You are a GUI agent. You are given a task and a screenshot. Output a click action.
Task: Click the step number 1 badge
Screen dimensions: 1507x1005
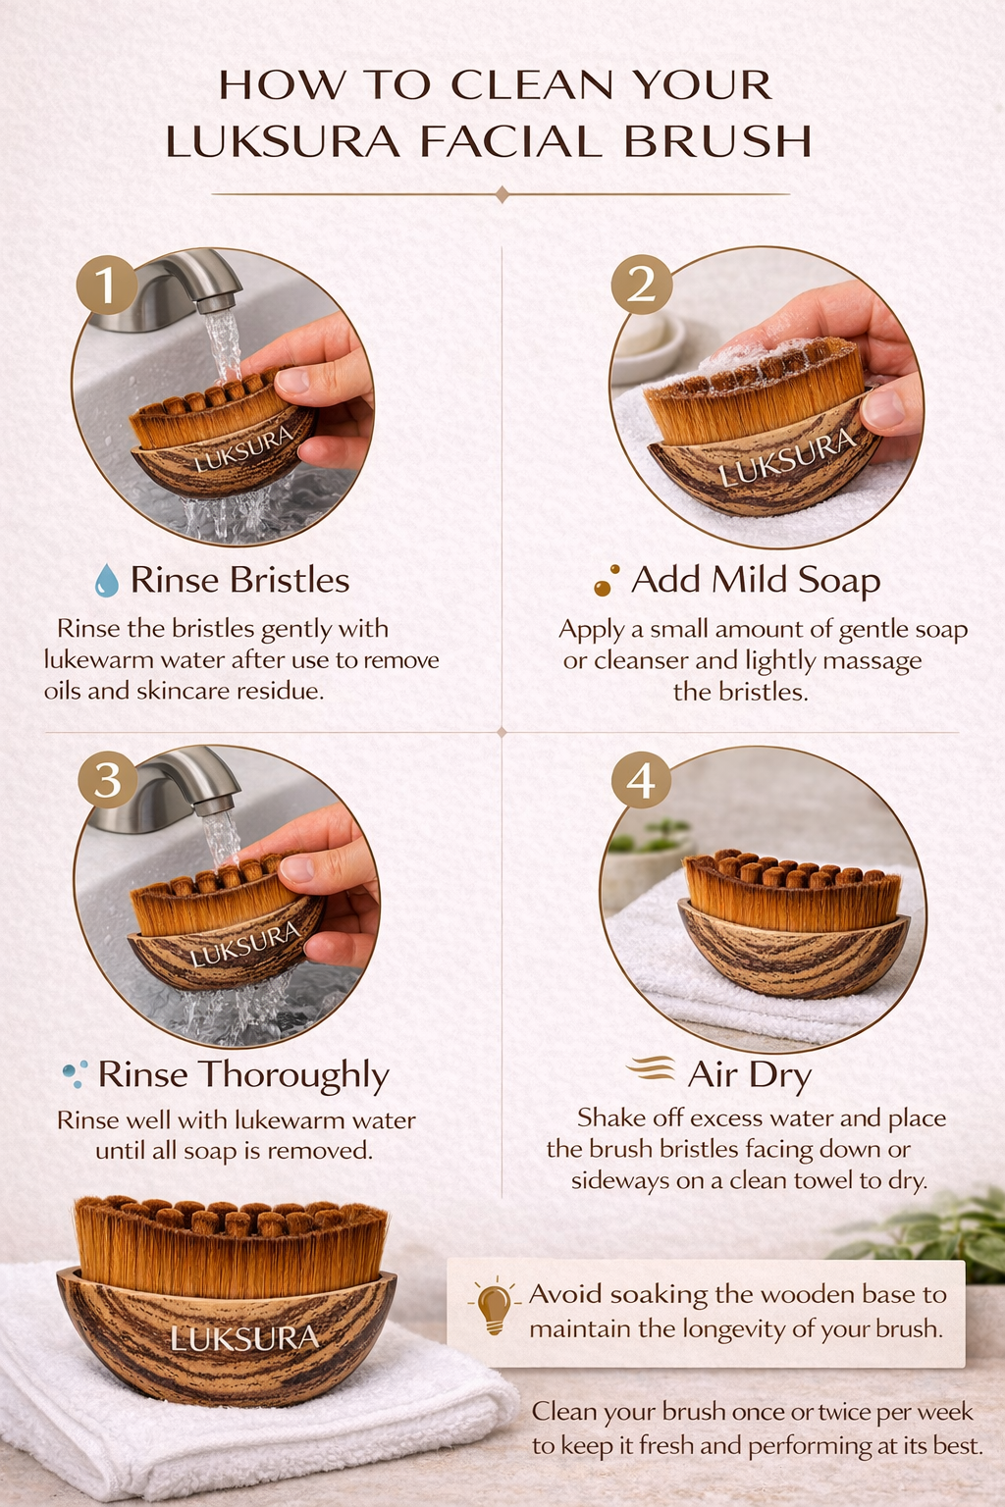tap(106, 285)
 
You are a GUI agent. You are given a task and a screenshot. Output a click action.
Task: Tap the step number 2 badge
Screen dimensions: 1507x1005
tap(641, 285)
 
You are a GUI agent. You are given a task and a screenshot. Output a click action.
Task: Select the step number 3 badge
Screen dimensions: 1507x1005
tap(107, 780)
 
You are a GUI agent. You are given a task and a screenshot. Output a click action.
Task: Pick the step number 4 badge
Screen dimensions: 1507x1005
tap(641, 780)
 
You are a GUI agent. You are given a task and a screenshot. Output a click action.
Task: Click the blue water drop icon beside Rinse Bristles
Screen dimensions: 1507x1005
tap(106, 581)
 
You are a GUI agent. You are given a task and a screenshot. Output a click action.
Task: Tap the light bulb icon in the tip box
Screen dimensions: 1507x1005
tap(494, 1308)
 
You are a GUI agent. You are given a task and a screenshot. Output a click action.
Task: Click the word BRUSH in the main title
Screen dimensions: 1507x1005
tap(717, 142)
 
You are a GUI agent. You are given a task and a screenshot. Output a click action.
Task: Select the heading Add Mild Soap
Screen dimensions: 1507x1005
tap(755, 580)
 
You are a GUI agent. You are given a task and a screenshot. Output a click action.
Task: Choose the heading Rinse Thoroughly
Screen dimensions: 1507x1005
tap(243, 1075)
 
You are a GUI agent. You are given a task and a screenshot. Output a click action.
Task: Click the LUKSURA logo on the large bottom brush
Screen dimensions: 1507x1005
tap(244, 1338)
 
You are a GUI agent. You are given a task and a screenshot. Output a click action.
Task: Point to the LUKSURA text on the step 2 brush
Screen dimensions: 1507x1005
tap(788, 459)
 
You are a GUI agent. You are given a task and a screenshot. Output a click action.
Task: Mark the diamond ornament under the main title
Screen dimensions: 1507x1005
tap(502, 194)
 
